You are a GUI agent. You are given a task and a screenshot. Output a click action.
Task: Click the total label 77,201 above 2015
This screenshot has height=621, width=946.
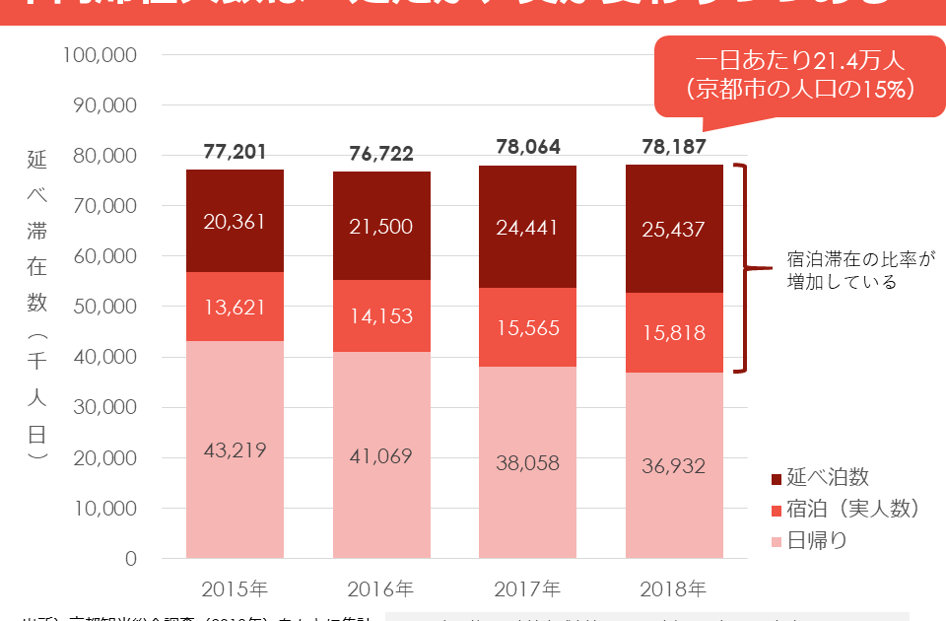235,152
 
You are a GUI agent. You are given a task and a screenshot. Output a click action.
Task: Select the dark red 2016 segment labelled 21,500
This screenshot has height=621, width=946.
380,226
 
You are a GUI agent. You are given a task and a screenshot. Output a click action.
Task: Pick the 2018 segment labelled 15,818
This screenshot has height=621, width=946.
673,332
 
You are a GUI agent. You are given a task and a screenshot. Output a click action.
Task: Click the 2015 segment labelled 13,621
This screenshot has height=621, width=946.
235,306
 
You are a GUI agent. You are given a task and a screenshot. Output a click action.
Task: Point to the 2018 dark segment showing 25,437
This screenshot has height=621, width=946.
673,229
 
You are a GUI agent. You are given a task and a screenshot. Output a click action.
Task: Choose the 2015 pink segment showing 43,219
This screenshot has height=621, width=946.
235,449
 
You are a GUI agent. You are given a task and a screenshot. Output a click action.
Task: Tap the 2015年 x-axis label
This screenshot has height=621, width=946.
235,589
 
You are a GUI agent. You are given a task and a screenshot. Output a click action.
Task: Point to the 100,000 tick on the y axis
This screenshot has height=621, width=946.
99,55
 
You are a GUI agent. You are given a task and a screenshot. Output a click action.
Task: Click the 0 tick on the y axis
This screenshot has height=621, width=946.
130,559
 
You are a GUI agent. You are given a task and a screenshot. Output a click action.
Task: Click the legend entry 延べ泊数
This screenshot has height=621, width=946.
820,478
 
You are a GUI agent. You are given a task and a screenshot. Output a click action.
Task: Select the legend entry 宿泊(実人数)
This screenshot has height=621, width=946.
845,509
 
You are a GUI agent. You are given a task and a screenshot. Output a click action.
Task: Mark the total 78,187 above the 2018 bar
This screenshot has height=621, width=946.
673,147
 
